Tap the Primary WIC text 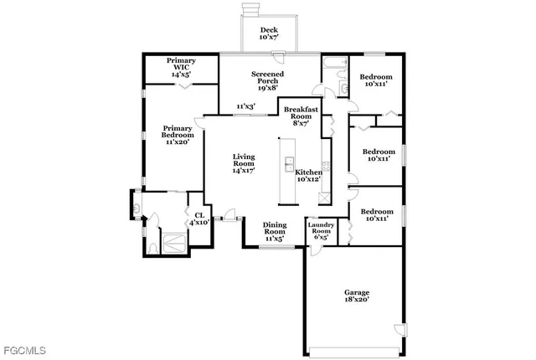point(181,61)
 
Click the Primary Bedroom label point(178,131)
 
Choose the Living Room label point(244,157)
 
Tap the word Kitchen point(308,172)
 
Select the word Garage point(357,292)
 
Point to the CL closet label point(198,215)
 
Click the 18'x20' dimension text point(357,299)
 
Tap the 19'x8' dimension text point(268,88)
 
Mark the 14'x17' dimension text point(244,170)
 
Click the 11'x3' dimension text point(245,106)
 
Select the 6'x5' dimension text point(322,237)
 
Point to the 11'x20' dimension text point(178,142)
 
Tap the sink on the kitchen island point(290,162)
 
